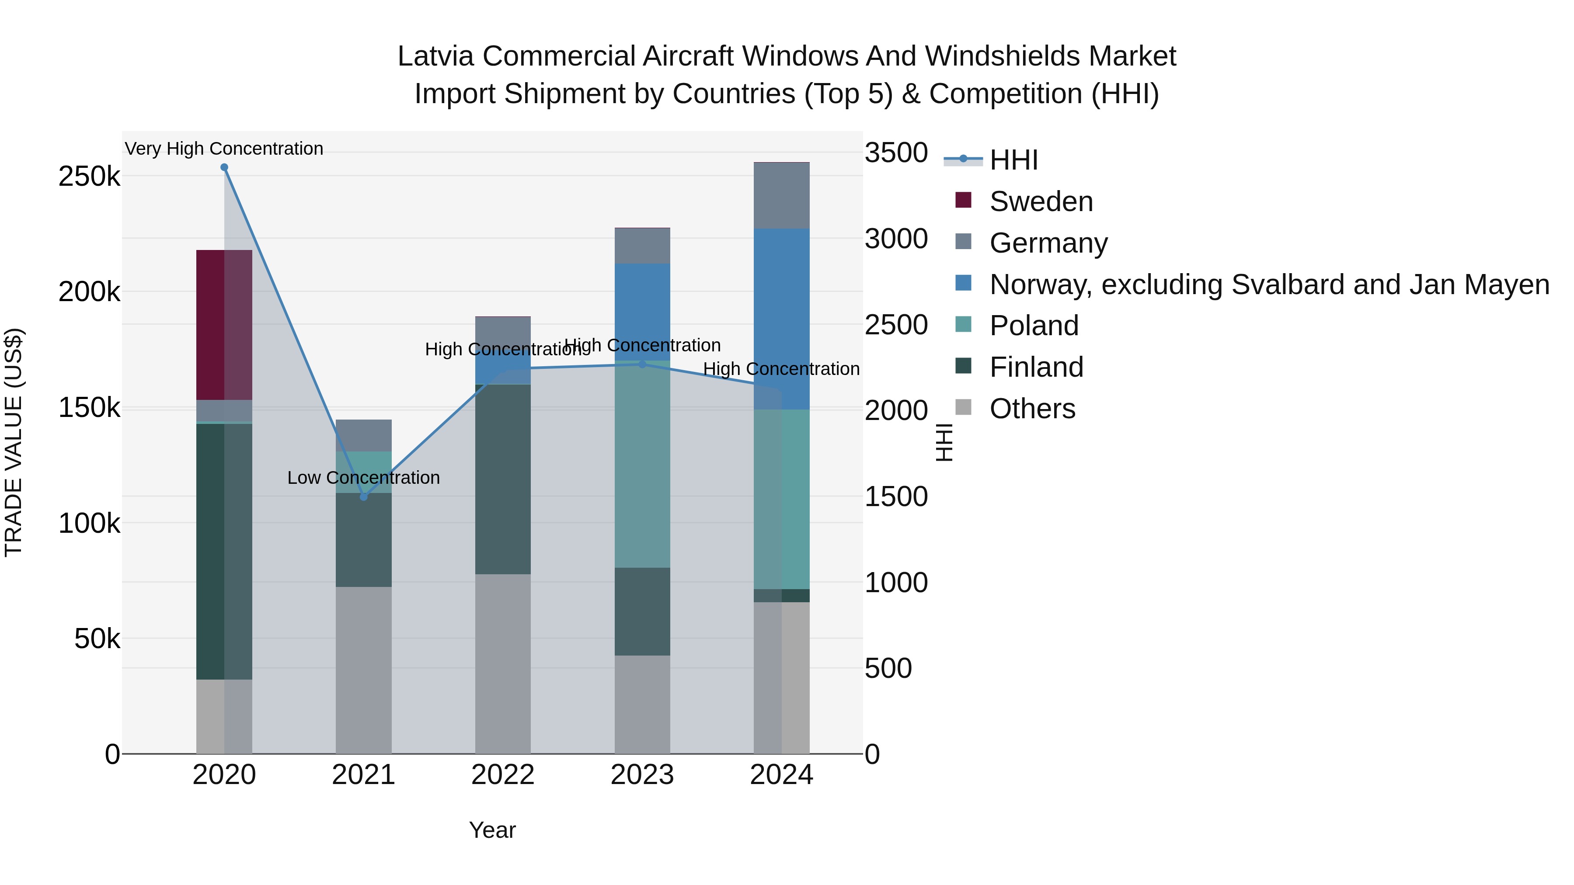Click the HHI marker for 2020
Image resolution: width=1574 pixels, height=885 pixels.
pyautogui.click(x=224, y=167)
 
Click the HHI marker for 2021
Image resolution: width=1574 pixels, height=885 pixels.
pyautogui.click(x=364, y=496)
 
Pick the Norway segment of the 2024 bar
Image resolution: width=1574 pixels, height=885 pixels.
pyautogui.click(x=781, y=318)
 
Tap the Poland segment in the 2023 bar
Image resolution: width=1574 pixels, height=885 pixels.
pyautogui.click(x=642, y=464)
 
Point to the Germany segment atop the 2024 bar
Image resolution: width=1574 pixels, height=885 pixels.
pyautogui.click(x=781, y=195)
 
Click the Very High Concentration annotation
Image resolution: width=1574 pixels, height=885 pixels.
pyautogui.click(x=224, y=149)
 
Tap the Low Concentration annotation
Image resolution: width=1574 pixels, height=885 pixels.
pyautogui.click(x=364, y=478)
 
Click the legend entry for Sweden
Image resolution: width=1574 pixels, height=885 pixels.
pyautogui.click(x=1041, y=201)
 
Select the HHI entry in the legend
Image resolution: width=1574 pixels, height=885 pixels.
pyautogui.click(x=1013, y=160)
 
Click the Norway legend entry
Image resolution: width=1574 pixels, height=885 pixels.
pyautogui.click(x=1268, y=285)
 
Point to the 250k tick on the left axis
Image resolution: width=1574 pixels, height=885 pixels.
pyautogui.click(x=89, y=177)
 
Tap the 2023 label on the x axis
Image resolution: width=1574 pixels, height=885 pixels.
pyautogui.click(x=642, y=775)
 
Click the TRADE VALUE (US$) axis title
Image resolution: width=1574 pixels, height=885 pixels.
pyautogui.click(x=14, y=442)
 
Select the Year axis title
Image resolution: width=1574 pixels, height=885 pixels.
pyautogui.click(x=492, y=830)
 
